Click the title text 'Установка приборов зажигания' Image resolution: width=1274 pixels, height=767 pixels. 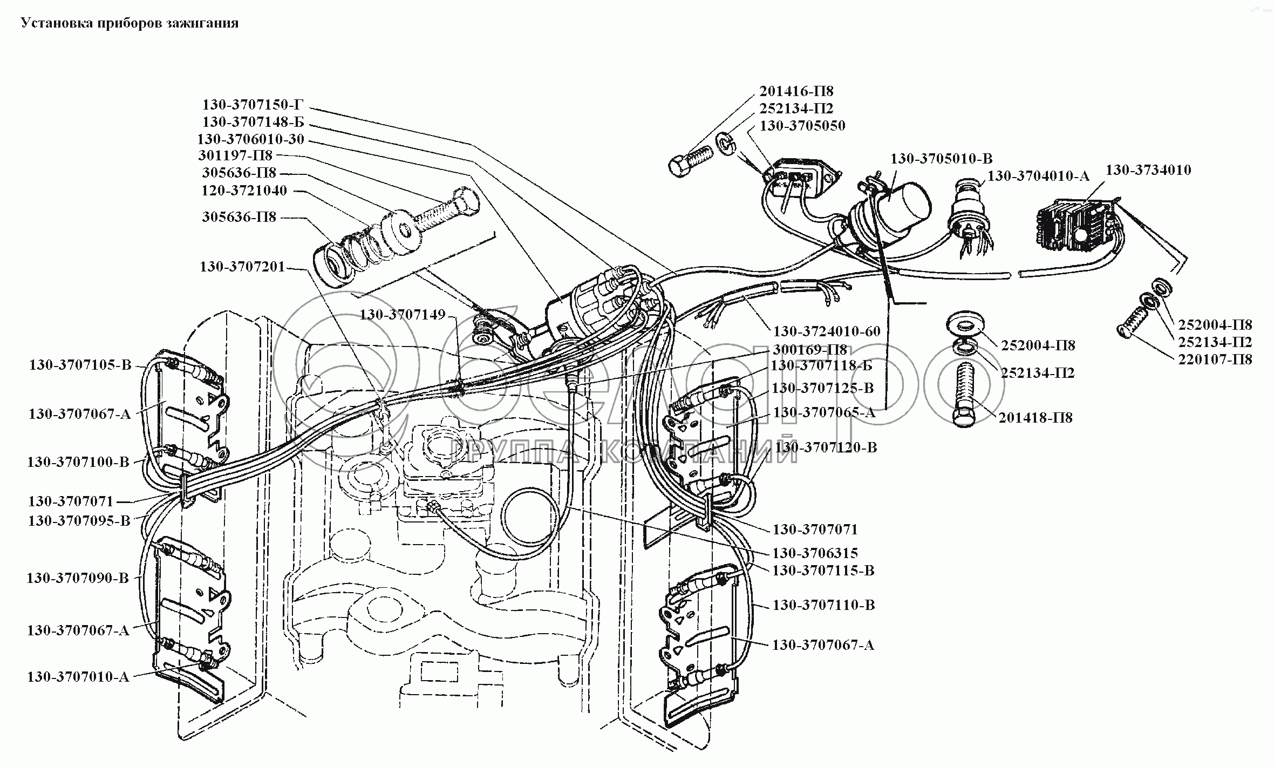[x=130, y=24]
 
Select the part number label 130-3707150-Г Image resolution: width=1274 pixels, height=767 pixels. [x=254, y=105]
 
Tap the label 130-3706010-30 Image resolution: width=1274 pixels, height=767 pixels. [x=251, y=140]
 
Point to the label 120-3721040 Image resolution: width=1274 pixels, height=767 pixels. [x=244, y=191]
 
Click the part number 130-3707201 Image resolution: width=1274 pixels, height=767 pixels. [x=242, y=267]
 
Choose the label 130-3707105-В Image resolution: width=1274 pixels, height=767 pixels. [x=80, y=365]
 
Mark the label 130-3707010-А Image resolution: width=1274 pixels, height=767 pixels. [x=78, y=677]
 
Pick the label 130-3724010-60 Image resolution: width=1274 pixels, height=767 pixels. [x=827, y=331]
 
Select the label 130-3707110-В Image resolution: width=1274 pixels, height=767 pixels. [x=823, y=605]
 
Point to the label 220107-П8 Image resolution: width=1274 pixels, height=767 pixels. [x=1215, y=359]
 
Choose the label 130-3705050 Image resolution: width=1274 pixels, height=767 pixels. [x=802, y=126]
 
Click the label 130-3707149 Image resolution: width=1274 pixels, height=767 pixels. [x=403, y=315]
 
